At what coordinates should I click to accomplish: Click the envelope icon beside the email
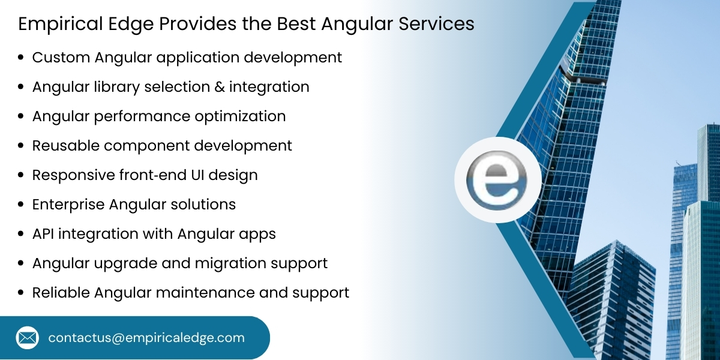(x=27, y=338)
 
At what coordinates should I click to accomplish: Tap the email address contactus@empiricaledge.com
(x=146, y=338)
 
